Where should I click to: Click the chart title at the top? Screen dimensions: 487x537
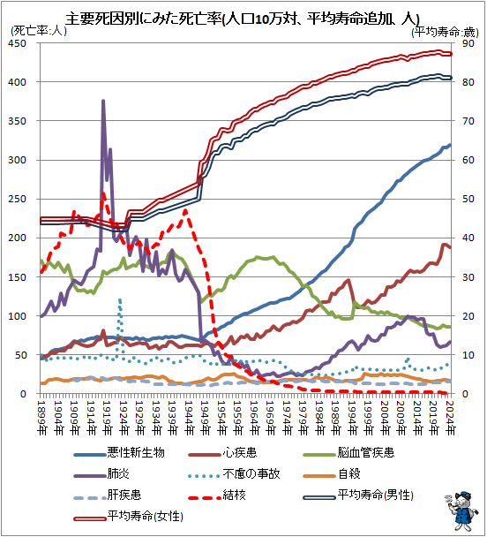[x=243, y=19]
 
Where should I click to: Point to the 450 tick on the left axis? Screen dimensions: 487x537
[x=17, y=43]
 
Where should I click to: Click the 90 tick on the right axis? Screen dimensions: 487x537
[x=468, y=43]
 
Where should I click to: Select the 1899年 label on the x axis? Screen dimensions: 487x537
[x=41, y=418]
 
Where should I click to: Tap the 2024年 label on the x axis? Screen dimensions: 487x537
[x=451, y=418]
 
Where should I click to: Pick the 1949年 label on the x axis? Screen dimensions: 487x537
[x=206, y=418]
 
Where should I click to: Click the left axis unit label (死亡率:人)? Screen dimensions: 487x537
[x=39, y=31]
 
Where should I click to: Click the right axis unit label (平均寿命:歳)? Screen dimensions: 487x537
[x=445, y=32]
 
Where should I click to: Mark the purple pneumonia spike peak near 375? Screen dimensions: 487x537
[x=103, y=101]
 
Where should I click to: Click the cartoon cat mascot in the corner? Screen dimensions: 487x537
[x=460, y=511]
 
